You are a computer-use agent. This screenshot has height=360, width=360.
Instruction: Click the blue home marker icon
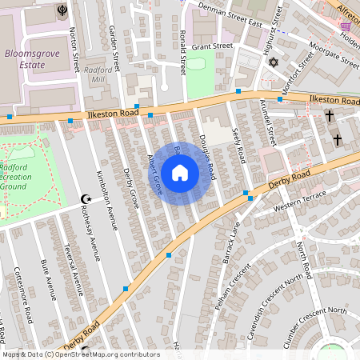tap(180, 173)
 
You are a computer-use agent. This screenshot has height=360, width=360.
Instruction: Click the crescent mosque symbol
tap(86, 198)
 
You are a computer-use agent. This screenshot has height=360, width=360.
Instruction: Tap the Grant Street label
tap(211, 46)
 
